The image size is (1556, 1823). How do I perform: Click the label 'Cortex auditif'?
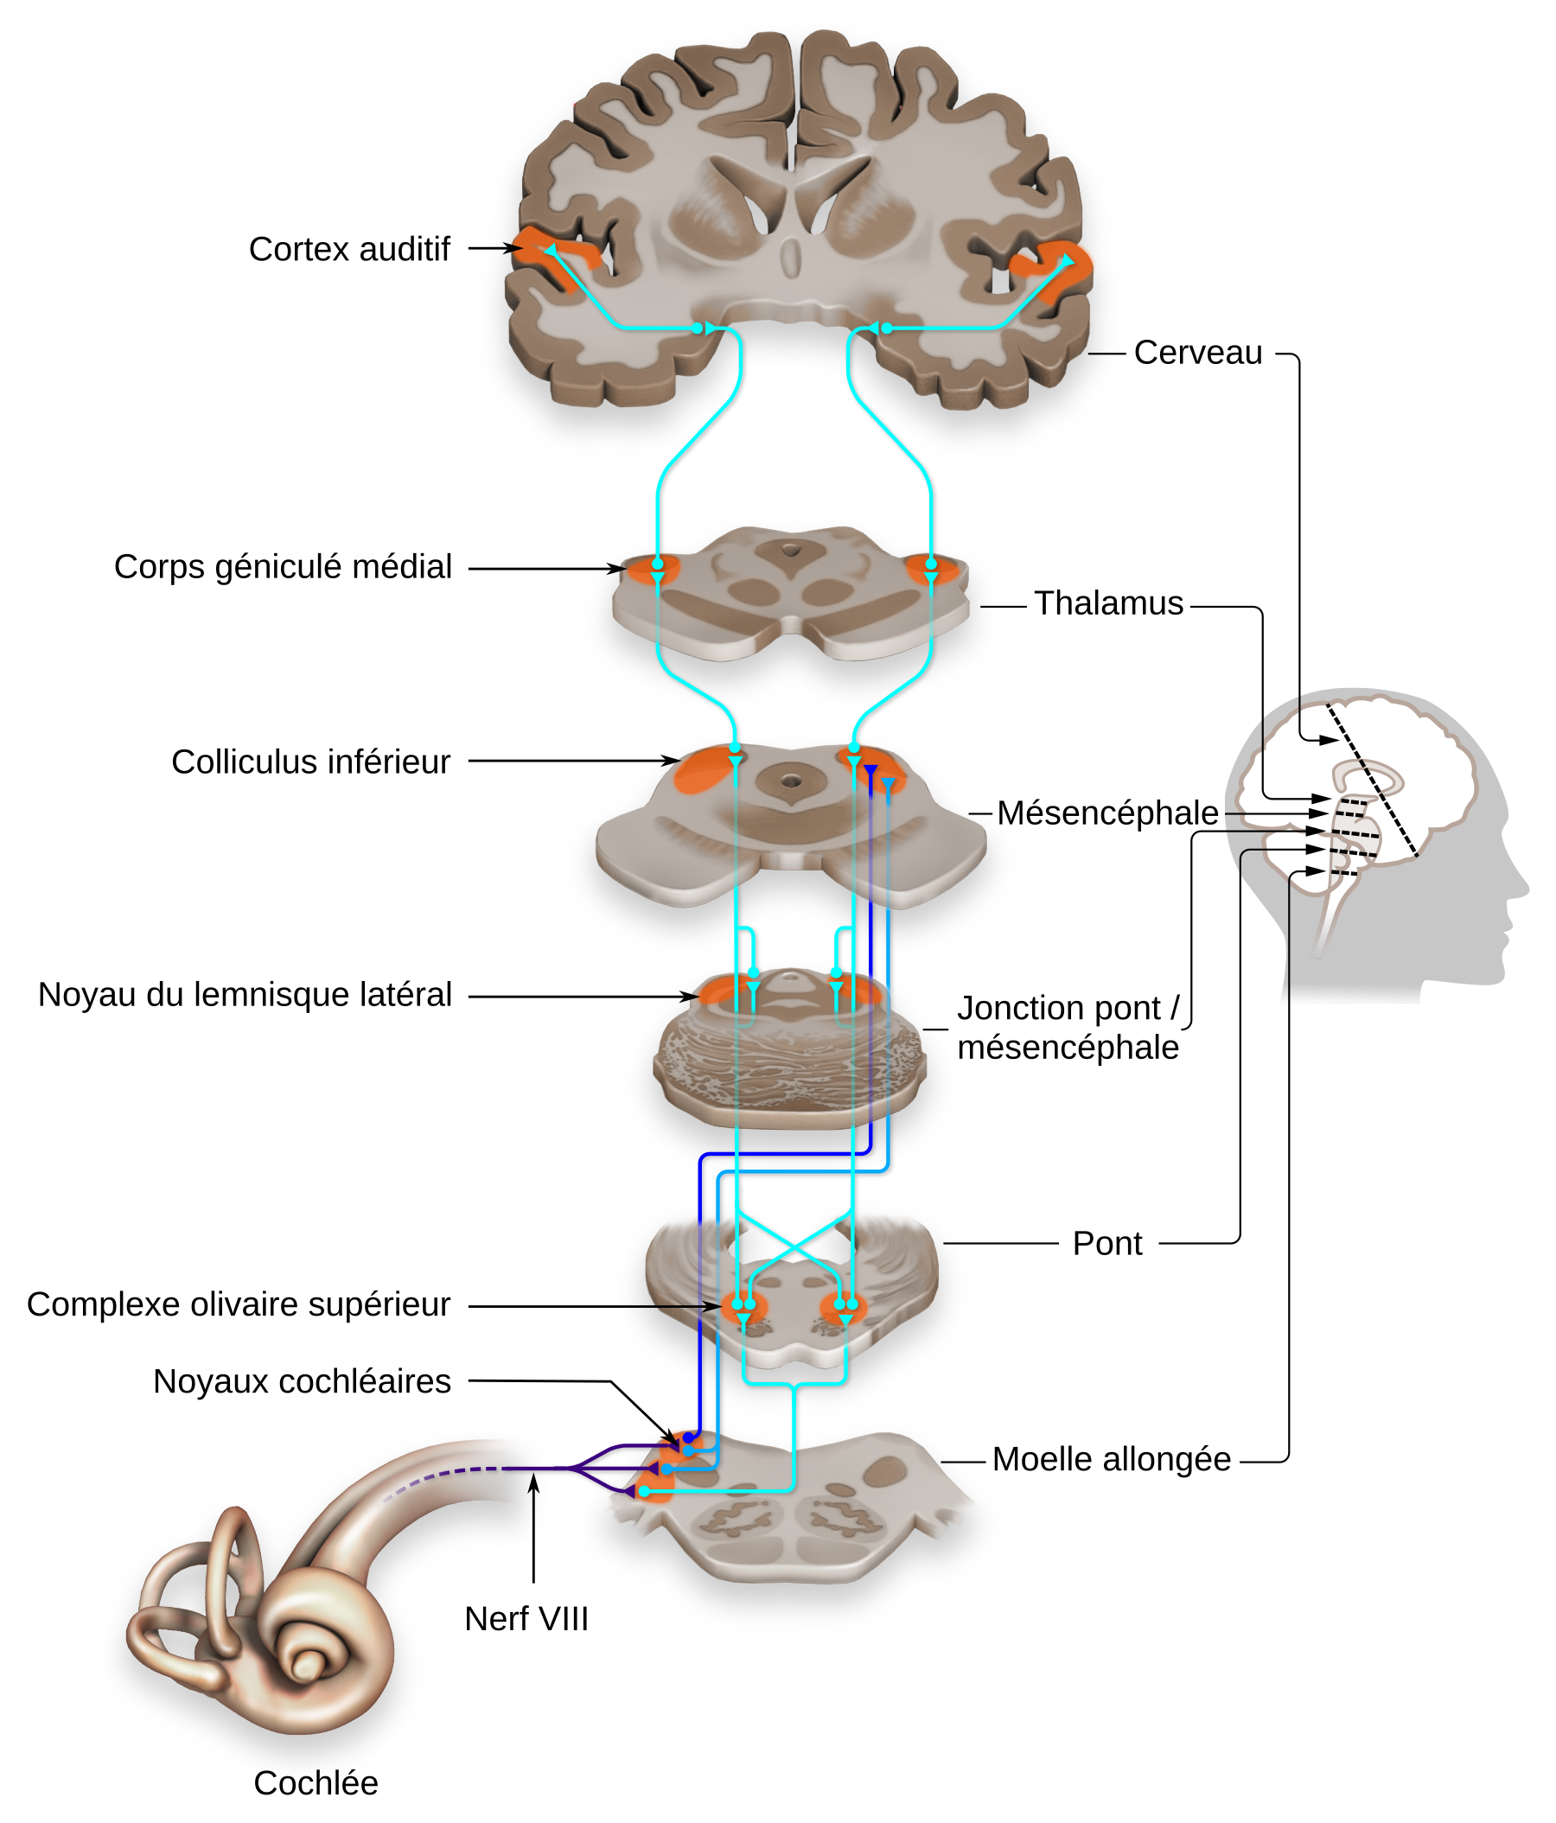(349, 250)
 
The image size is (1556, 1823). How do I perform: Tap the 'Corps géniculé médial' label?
(283, 568)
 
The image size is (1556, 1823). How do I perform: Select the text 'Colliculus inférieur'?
(310, 762)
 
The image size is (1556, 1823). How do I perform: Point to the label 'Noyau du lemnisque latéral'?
(245, 995)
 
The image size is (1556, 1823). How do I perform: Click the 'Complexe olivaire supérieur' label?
(239, 1304)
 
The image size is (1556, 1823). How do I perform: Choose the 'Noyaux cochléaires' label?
(302, 1382)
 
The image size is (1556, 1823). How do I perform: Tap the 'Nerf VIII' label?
(526, 1620)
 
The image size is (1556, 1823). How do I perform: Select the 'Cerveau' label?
(1198, 353)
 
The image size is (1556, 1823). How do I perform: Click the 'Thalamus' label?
(1108, 603)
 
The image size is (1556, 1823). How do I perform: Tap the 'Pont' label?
(1107, 1244)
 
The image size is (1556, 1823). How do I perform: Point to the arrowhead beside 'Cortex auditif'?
(515, 249)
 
